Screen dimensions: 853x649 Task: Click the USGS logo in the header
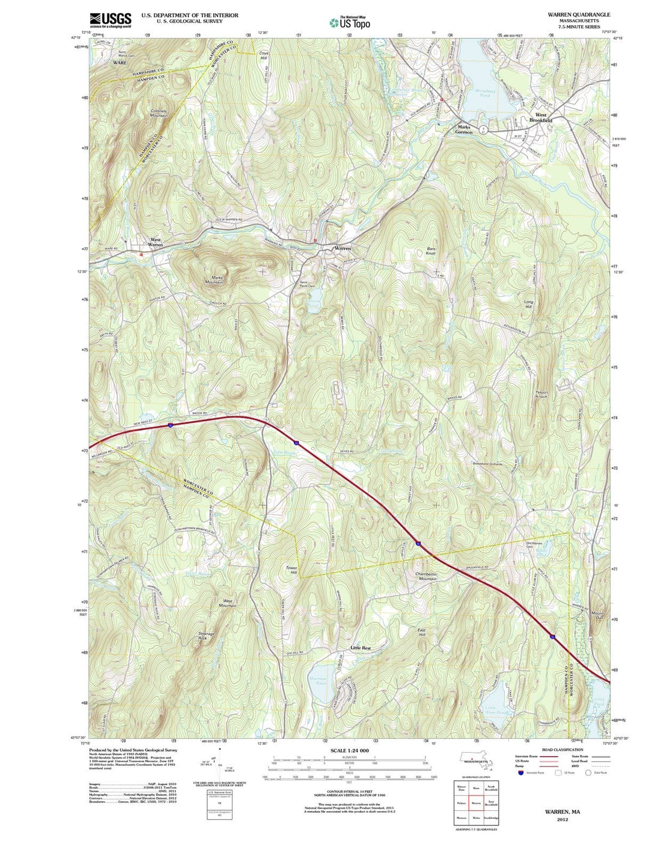(111, 20)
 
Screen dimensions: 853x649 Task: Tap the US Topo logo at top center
(350, 22)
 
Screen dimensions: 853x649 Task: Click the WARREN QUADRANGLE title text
(578, 14)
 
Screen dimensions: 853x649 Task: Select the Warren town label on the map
(343, 248)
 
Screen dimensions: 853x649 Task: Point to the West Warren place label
(156, 243)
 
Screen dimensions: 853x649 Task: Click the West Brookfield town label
(541, 117)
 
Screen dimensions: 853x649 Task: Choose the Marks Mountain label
(215, 279)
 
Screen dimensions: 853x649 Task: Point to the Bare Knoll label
(430, 251)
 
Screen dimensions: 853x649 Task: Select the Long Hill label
(528, 304)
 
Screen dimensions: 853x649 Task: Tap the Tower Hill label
(291, 570)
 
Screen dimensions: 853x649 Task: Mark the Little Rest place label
(361, 648)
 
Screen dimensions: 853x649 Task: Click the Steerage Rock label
(207, 636)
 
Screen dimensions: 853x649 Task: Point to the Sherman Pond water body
(317, 680)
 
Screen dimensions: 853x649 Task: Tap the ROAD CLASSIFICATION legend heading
(562, 750)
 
